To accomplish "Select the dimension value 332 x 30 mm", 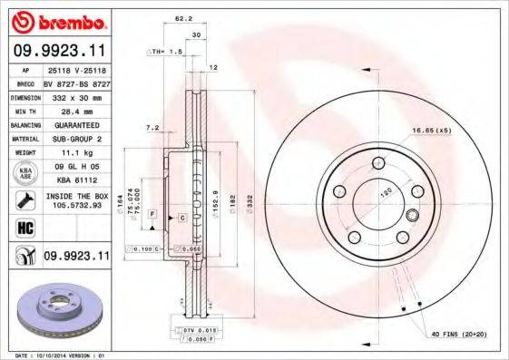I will click(76, 95).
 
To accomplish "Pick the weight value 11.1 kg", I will click(76, 154).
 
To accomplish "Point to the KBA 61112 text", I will click(76, 179).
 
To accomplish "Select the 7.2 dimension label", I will click(152, 129).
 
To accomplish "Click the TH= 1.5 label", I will click(166, 53).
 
